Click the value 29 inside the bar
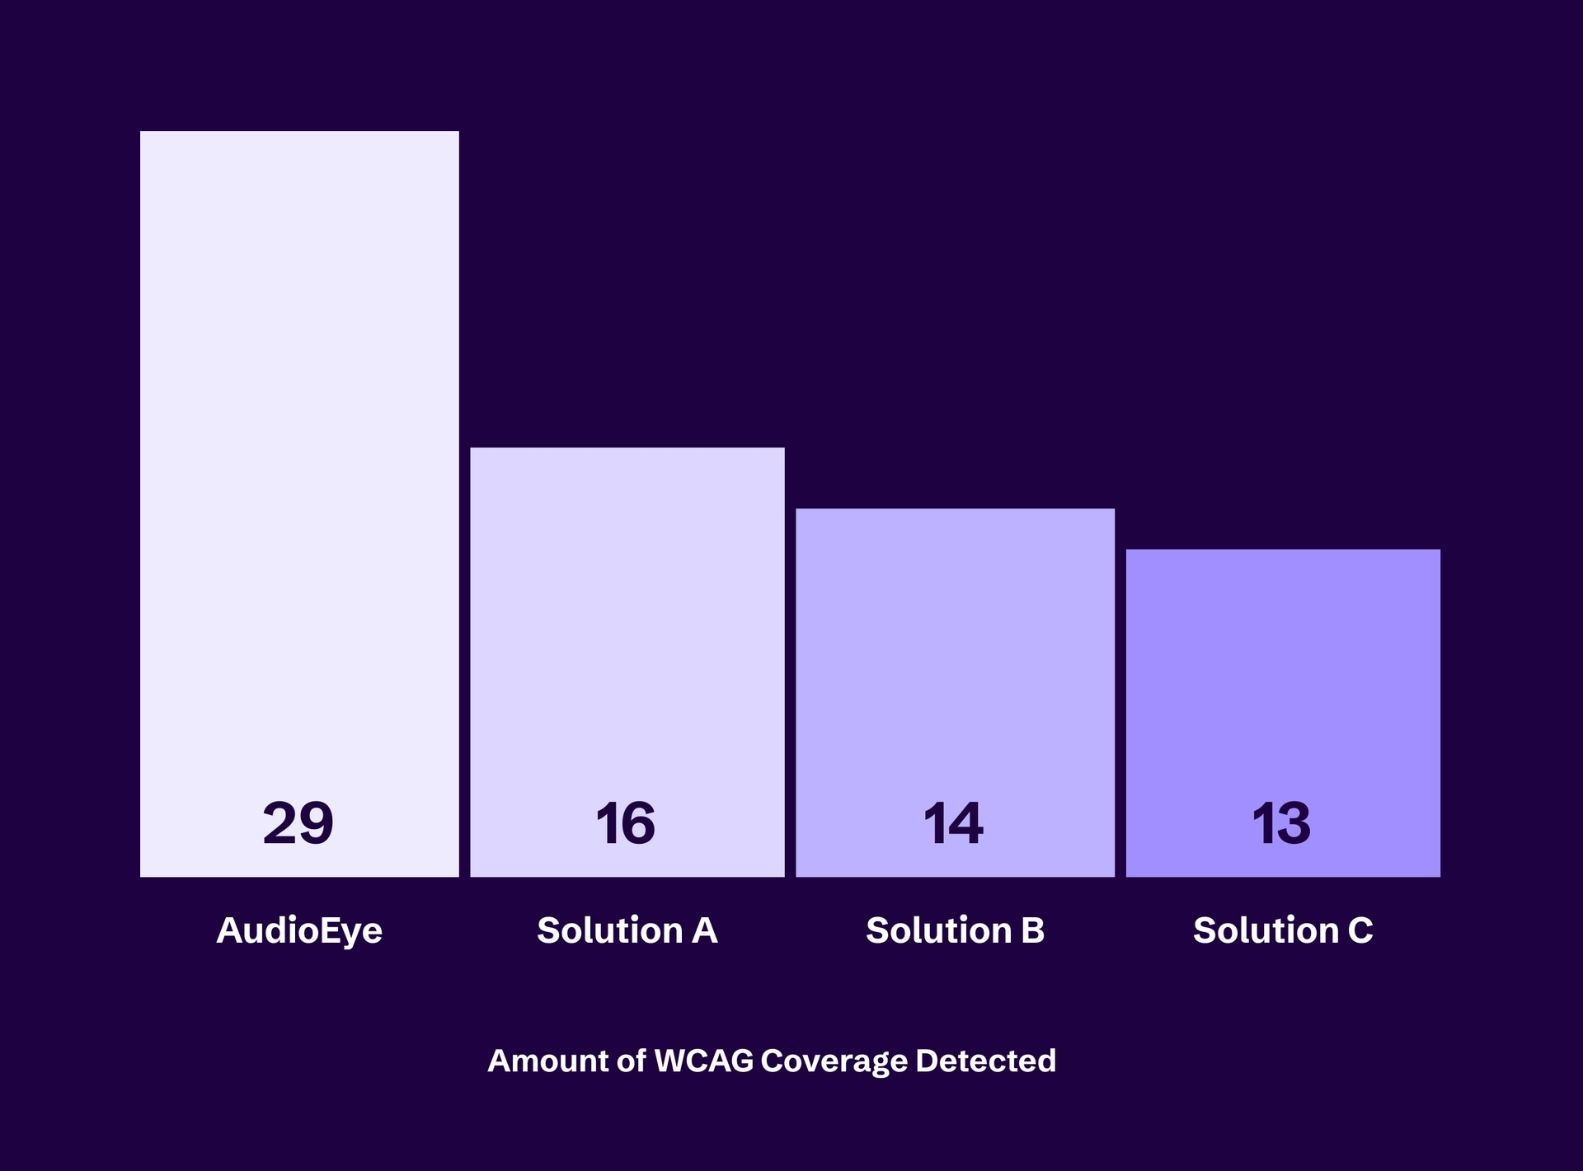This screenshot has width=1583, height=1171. tap(298, 823)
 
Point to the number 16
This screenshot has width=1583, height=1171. tap(626, 823)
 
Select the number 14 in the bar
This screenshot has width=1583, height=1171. tap(953, 823)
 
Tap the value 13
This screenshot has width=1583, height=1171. tap(1281, 823)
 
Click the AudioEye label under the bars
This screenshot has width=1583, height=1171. tap(299, 931)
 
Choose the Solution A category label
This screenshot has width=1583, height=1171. tap(627, 931)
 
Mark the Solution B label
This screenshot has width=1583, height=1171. tap(955, 931)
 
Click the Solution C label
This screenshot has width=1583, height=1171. tap(1283, 931)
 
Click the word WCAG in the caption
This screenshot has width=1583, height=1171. tap(703, 1061)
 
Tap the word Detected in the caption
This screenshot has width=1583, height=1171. tap(985, 1061)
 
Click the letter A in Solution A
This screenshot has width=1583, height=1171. tap(705, 931)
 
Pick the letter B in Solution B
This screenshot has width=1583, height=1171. tap(1033, 931)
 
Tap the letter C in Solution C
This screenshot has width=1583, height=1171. tap(1360, 931)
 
